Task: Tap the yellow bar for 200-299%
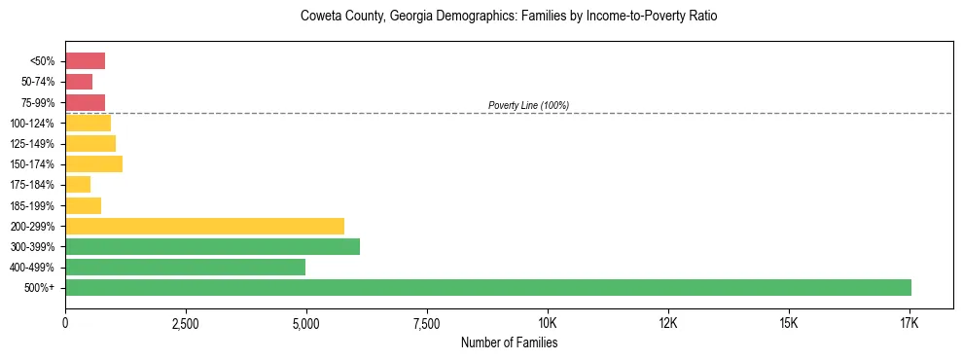(x=204, y=226)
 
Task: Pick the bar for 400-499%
(x=185, y=267)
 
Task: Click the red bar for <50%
(x=85, y=61)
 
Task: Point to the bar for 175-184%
(x=78, y=184)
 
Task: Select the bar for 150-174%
(x=93, y=163)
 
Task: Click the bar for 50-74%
(x=79, y=82)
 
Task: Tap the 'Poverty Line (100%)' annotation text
(x=528, y=105)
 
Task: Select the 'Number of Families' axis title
(x=509, y=342)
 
